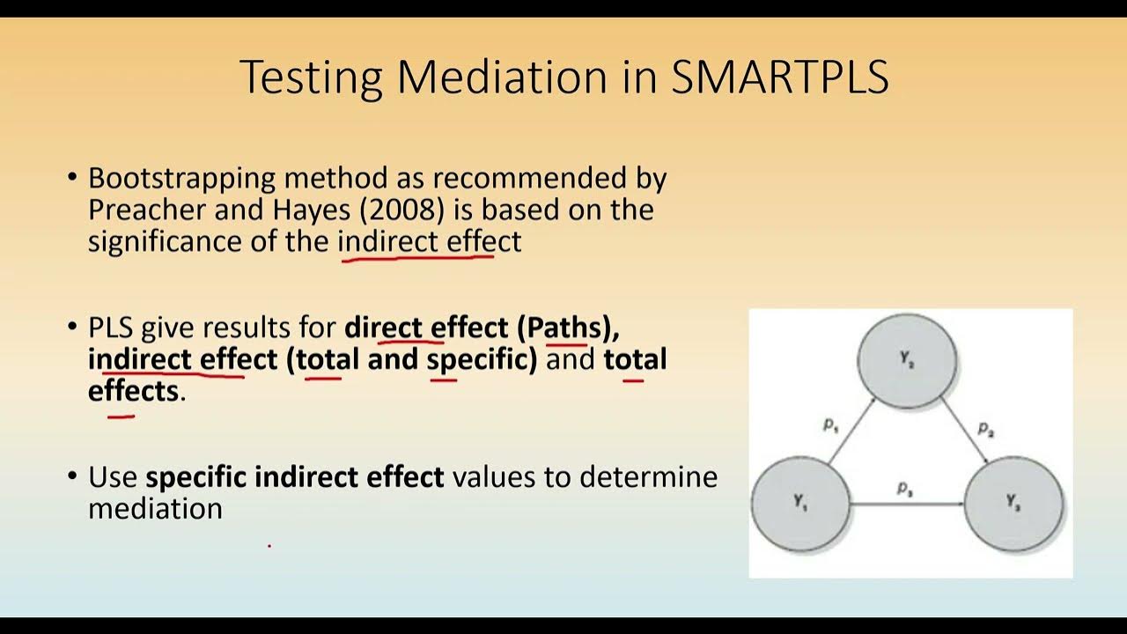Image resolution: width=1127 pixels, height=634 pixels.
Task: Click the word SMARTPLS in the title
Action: [x=780, y=77]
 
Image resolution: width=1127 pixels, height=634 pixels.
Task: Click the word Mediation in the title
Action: [x=502, y=77]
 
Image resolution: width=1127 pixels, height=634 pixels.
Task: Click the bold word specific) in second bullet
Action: [x=482, y=359]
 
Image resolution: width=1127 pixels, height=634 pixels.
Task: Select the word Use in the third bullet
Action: [x=113, y=477]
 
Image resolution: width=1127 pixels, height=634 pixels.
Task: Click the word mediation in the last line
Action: [x=155, y=508]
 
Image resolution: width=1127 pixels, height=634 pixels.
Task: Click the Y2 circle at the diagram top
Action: [x=907, y=361]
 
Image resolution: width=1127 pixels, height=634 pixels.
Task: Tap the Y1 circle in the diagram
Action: [x=800, y=505]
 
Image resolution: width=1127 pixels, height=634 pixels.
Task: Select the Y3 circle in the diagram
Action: [x=1013, y=504]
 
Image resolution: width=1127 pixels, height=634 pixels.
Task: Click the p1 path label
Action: [x=830, y=424]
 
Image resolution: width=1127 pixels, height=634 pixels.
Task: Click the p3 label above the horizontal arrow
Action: [x=904, y=488]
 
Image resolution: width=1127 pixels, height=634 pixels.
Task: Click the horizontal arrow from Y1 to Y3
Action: [x=907, y=505]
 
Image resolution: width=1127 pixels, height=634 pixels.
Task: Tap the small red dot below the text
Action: [x=269, y=546]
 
